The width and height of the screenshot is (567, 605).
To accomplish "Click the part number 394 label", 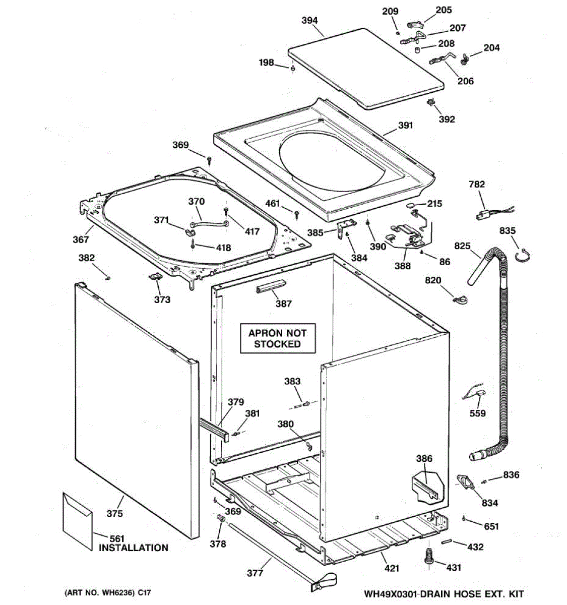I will pos(309,21).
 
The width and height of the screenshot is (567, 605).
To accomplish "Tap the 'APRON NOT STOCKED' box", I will pos(277,338).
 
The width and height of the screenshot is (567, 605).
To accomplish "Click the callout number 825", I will pos(462,247).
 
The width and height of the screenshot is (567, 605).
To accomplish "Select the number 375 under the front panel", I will pos(114,514).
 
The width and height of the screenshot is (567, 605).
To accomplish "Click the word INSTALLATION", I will pos(133,548).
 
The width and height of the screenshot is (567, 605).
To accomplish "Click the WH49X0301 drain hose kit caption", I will pos(444,594).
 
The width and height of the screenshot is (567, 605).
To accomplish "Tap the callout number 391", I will pos(405,126).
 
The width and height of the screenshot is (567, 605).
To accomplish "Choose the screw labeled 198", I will pos(293,68).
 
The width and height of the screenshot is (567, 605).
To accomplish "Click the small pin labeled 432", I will pos(447,542).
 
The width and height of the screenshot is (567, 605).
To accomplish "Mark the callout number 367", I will pos(81,239).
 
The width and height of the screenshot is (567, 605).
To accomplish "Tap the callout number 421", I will pos(392,568).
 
